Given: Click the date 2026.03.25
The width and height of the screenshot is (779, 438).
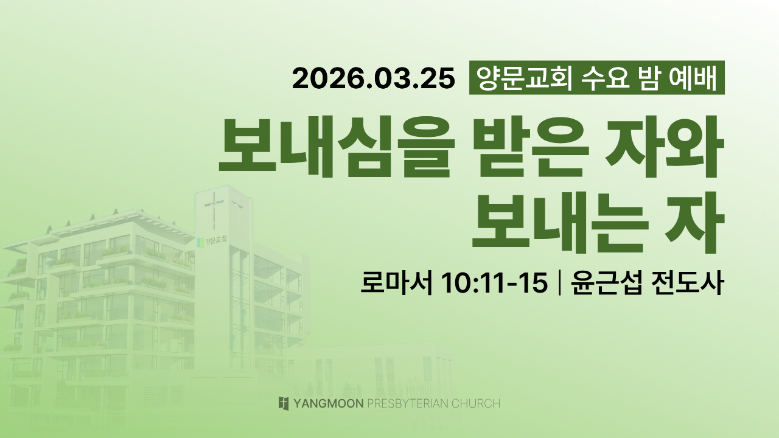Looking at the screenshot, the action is [x=374, y=78].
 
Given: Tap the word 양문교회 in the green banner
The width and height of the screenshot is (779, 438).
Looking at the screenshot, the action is [x=525, y=78].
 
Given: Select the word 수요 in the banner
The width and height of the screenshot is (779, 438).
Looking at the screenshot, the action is [x=606, y=78].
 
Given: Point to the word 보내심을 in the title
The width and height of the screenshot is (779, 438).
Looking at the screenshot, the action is [x=337, y=147].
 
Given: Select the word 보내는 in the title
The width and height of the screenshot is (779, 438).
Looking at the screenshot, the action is [x=561, y=223].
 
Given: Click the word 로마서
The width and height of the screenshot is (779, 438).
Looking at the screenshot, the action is [x=396, y=283].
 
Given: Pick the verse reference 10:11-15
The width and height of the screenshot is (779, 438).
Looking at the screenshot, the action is [x=494, y=283].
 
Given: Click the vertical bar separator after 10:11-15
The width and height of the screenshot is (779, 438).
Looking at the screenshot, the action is [x=559, y=283].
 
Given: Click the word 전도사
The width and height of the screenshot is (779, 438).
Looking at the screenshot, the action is [x=688, y=283].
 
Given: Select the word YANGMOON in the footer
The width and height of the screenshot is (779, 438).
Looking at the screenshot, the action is [x=329, y=403].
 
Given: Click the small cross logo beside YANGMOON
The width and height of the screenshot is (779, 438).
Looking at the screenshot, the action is [x=284, y=403].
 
